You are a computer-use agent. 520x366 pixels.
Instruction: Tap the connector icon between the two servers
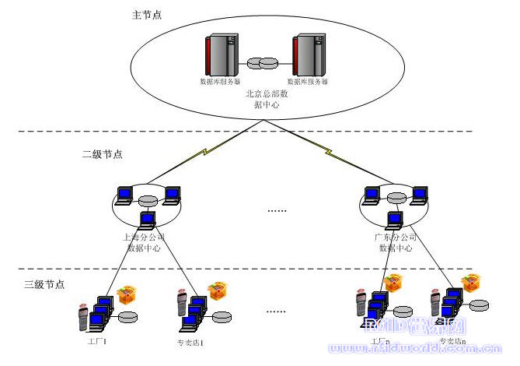263,62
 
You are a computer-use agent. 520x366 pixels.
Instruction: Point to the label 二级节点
102,154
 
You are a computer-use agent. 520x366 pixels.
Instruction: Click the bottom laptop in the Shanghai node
146,220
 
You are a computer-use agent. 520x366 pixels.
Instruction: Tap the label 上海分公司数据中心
145,242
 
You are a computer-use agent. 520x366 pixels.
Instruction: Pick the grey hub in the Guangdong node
396,196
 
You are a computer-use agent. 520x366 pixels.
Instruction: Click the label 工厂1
98,341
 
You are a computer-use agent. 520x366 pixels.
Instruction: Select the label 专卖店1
191,341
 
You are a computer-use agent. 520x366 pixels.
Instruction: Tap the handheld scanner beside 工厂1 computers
83,315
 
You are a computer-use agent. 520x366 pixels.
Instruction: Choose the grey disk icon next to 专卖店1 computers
222,317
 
